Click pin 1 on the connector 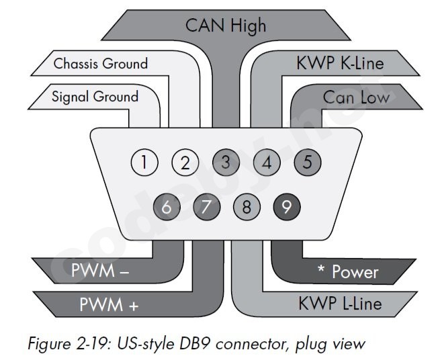pyautogui.click(x=144, y=163)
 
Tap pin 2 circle pyautogui.click(x=185, y=163)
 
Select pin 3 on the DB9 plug pyautogui.click(x=226, y=163)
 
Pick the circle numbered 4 pyautogui.click(x=267, y=163)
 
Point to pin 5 pyautogui.click(x=308, y=163)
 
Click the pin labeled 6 pyautogui.click(x=165, y=207)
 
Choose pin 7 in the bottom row pyautogui.click(x=206, y=207)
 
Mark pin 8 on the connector pyautogui.click(x=247, y=207)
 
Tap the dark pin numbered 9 pyautogui.click(x=287, y=207)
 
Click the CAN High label pyautogui.click(x=226, y=26)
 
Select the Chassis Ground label pyautogui.click(x=101, y=64)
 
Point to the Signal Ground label pyautogui.click(x=95, y=96)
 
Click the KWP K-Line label pyautogui.click(x=340, y=64)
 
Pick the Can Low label pyautogui.click(x=356, y=97)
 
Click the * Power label pyautogui.click(x=347, y=273)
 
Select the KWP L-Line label pyautogui.click(x=340, y=303)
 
